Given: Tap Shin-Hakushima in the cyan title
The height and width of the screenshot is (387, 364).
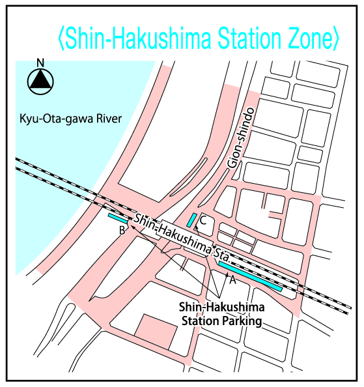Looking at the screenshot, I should pos(137,40).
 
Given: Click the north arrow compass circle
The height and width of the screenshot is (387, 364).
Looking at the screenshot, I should pos(40,81).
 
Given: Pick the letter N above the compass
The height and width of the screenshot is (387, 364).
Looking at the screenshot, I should pos(40,63).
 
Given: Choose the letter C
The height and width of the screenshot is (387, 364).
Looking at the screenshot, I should pos(203,222).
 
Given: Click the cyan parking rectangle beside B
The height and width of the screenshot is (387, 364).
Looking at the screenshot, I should pos(118,219).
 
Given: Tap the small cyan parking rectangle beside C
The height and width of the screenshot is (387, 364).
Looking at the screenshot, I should pos(192,220).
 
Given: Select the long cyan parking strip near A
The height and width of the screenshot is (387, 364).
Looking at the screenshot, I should pos(250,276).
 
